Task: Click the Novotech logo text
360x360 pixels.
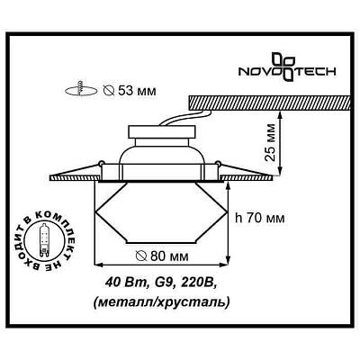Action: tap(287, 72)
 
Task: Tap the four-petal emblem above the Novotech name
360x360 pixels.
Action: tap(284, 67)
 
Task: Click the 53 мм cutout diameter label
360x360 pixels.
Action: tap(130, 90)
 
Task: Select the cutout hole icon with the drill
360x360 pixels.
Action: tap(81, 89)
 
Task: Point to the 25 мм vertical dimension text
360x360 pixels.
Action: tap(271, 142)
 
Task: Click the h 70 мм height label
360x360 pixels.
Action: tap(260, 218)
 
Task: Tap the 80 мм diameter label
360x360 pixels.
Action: tap(162, 256)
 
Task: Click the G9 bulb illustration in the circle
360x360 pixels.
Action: tap(44, 241)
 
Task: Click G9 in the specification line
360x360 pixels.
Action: tap(162, 283)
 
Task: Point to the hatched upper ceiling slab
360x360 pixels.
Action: tap(269, 103)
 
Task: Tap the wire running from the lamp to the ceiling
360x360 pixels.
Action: tap(186, 118)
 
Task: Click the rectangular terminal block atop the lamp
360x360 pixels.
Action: tap(162, 131)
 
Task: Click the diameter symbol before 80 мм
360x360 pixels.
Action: tap(140, 256)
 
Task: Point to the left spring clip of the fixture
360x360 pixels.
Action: tap(75, 170)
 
